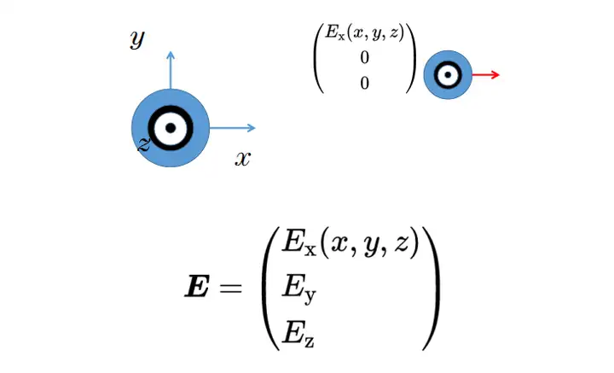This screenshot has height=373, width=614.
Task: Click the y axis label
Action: pyautogui.click(x=137, y=39)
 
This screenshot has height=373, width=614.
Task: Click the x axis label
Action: pyautogui.click(x=243, y=159)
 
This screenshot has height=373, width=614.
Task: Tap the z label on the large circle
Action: pyautogui.click(x=144, y=144)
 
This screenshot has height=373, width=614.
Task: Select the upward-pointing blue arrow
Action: pyautogui.click(x=171, y=70)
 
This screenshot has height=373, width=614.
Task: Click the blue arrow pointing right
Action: pyautogui.click(x=233, y=128)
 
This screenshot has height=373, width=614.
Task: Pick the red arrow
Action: pyautogui.click(x=485, y=74)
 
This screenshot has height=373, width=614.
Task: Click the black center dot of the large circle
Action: pyautogui.click(x=171, y=128)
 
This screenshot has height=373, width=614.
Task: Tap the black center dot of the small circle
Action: pyautogui.click(x=448, y=74)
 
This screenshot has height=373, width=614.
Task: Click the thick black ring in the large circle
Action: pyautogui.click(x=171, y=108)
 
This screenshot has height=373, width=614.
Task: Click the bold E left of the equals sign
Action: pyautogui.click(x=196, y=286)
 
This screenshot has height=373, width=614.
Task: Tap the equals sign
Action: pyautogui.click(x=231, y=288)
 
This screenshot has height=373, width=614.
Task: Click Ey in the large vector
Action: pyautogui.click(x=298, y=289)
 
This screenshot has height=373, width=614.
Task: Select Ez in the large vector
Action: pyautogui.click(x=298, y=333)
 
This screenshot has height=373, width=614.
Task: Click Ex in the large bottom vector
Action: pyautogui.click(x=298, y=243)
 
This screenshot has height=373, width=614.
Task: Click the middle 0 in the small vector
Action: pyautogui.click(x=365, y=57)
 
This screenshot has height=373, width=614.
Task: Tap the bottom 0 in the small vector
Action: pyautogui.click(x=365, y=83)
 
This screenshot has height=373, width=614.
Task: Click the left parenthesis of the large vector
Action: pyautogui.click(x=270, y=288)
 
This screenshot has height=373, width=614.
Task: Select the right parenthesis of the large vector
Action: pyautogui.click(x=432, y=288)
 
